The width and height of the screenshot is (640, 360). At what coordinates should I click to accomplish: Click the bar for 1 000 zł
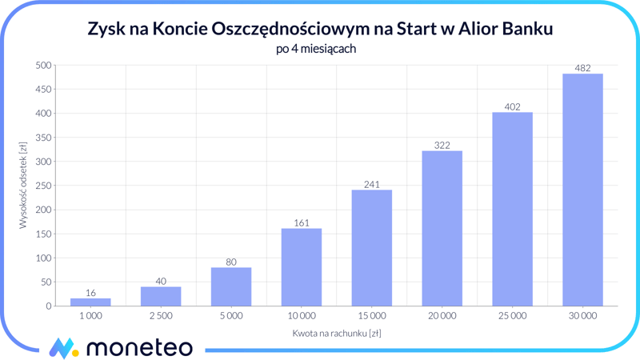click(x=90, y=302)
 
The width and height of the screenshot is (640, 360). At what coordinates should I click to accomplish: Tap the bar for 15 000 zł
click(x=372, y=248)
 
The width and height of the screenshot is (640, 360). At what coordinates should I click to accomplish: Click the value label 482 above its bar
click(x=582, y=68)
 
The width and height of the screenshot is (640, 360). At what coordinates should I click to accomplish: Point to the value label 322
click(x=442, y=146)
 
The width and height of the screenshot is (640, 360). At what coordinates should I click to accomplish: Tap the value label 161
click(x=302, y=223)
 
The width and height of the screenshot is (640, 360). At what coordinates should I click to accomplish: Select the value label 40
click(x=161, y=282)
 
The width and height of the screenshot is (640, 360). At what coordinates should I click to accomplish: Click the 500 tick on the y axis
click(x=42, y=66)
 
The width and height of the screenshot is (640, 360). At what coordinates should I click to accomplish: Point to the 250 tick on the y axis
click(x=42, y=186)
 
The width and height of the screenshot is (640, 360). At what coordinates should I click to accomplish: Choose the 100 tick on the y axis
click(x=42, y=258)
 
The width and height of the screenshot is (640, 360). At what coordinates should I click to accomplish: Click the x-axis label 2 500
click(x=161, y=316)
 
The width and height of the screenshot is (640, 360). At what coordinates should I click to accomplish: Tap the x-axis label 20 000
click(x=442, y=316)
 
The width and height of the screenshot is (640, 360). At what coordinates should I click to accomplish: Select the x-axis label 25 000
click(x=512, y=316)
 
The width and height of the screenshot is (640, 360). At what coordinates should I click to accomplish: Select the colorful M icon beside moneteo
click(x=63, y=348)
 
